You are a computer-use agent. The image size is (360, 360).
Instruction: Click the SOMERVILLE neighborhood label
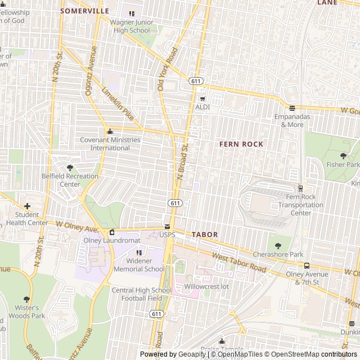[84, 11]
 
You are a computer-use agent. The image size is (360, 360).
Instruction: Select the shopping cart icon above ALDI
[202, 99]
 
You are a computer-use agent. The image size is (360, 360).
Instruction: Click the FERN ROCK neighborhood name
[241, 145]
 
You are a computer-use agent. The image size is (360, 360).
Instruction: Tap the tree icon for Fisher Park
[343, 156]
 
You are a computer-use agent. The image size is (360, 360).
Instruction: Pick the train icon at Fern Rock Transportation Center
[300, 188]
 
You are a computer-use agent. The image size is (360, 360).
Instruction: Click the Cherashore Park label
[277, 255]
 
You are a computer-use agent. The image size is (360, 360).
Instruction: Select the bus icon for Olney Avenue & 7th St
[307, 265]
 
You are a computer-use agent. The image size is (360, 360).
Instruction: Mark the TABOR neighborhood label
[205, 234]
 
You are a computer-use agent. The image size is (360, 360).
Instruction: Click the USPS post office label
[167, 234]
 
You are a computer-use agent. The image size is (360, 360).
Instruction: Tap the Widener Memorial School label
[139, 265]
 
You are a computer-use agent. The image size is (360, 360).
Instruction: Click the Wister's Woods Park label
[26, 312]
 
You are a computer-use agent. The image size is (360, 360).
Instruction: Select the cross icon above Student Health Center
[27, 206]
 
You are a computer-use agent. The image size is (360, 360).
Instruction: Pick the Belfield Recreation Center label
[70, 180]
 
